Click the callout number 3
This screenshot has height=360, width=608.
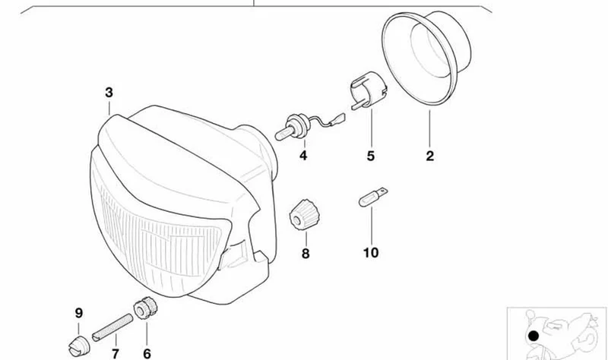point(109,93)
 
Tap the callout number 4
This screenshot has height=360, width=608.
point(303,156)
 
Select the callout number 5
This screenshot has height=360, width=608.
point(371,156)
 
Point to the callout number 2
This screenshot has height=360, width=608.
point(429,156)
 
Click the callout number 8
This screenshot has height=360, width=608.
point(306,254)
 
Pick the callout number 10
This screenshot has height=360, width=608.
point(371,253)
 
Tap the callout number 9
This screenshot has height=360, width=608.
point(79,313)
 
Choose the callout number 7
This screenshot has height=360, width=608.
point(116,354)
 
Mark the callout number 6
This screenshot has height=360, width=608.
point(147,354)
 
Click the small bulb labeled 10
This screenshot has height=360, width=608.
point(372,197)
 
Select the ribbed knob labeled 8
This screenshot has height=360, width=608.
point(305,215)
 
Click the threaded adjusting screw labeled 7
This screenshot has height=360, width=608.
point(112,328)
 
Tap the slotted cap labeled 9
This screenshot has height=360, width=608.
point(79,346)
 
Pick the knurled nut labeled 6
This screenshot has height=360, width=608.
point(145,308)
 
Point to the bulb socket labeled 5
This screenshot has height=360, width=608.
point(369,90)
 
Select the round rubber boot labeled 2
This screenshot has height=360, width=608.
point(426,58)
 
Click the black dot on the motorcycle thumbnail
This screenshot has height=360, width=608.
point(534,336)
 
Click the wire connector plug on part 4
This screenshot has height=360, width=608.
point(337,118)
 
